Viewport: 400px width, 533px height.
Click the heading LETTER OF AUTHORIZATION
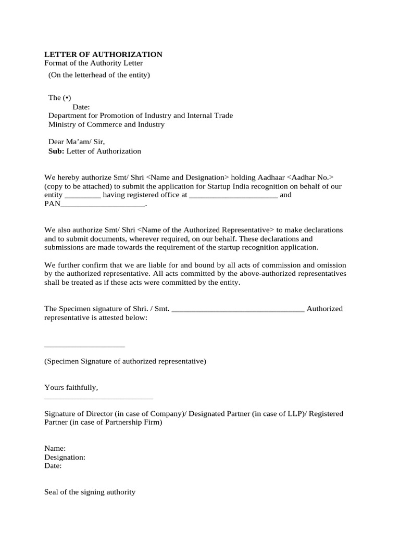point(103,55)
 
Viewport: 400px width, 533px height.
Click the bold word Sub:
point(56,151)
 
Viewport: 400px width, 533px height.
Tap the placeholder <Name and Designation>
point(182,177)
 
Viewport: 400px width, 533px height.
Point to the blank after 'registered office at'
point(233,196)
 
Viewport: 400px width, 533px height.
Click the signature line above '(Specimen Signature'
point(84,346)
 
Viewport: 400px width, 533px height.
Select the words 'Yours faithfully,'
point(71,388)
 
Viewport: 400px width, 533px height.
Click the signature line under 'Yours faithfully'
point(99,399)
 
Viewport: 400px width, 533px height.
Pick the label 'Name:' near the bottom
point(55,448)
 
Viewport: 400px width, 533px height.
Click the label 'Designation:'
point(65,457)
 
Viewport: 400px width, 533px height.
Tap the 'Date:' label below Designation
point(53,466)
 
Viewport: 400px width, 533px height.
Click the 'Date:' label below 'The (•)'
point(81,107)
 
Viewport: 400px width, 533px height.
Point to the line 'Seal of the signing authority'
point(90,492)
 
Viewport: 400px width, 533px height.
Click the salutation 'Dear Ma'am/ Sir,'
point(77,142)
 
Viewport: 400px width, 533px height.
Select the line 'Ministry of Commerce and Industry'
point(106,124)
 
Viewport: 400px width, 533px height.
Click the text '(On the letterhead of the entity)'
point(99,75)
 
